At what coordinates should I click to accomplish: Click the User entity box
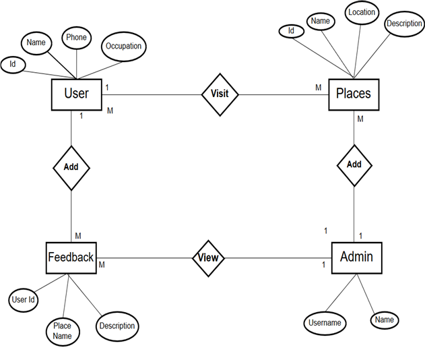76,94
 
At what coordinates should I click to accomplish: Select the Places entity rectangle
353,94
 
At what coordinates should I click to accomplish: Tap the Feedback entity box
71,257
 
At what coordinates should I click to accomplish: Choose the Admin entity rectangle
356,257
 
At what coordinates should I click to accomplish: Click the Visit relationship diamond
220,94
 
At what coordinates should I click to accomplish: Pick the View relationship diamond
209,258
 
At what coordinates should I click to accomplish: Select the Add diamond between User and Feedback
71,166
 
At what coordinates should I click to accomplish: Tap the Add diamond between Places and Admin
354,164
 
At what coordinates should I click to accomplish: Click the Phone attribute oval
76,38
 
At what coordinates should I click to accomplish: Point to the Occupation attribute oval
123,47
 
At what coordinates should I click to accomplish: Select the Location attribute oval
362,12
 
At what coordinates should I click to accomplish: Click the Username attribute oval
325,323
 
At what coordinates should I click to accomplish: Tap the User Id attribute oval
23,299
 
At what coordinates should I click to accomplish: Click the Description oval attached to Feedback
117,326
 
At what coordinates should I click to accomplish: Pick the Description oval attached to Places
404,24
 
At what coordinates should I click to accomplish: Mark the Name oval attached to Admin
385,320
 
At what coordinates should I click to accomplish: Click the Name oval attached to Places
321,22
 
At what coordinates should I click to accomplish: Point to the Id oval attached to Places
291,31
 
